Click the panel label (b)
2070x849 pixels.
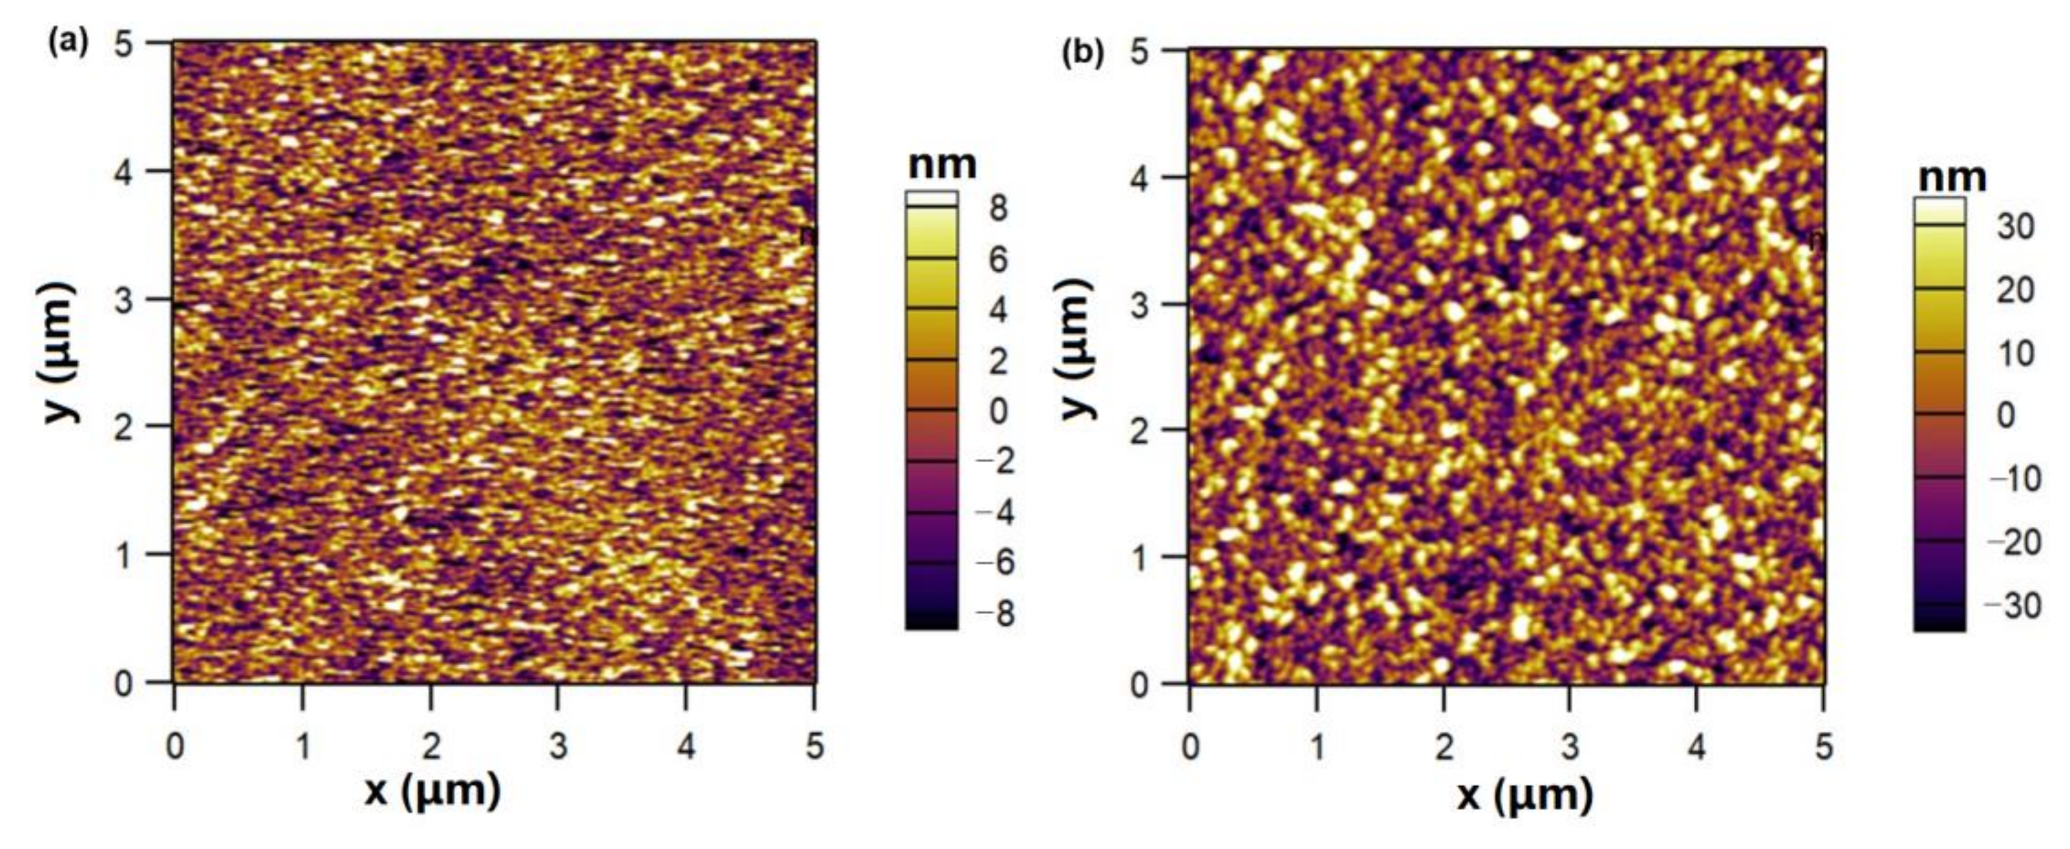coord(1083,53)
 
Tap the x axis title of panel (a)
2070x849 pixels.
coord(432,791)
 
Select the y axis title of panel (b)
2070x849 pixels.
coord(1077,349)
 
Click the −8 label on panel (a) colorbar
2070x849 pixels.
coord(995,614)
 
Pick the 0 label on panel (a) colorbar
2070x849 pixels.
coord(998,411)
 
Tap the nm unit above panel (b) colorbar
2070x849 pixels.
coord(1952,177)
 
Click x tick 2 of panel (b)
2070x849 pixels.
coord(1444,748)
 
